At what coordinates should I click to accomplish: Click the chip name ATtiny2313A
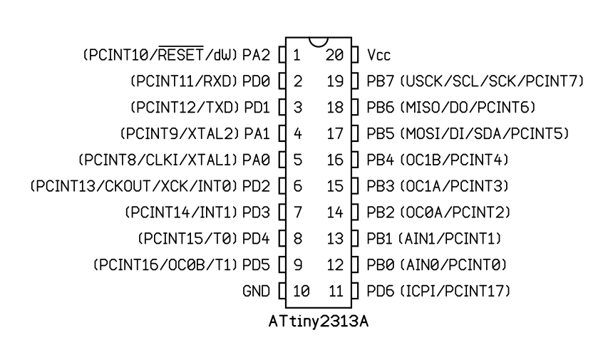tap(319, 319)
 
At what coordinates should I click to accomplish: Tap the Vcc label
tap(378, 54)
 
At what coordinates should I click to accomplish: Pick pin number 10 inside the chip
tap(300, 291)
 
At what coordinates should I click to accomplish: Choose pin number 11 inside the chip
tap(336, 291)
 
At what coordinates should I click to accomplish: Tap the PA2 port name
tap(254, 54)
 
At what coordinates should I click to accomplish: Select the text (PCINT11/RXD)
tap(185, 81)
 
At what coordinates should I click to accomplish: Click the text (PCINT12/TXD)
tap(185, 107)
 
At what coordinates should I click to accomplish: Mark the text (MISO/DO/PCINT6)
tap(468, 107)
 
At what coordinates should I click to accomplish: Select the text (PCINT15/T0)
tap(188, 238)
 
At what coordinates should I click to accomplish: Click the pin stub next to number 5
tap(282, 160)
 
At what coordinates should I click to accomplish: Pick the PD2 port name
tap(254, 186)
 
